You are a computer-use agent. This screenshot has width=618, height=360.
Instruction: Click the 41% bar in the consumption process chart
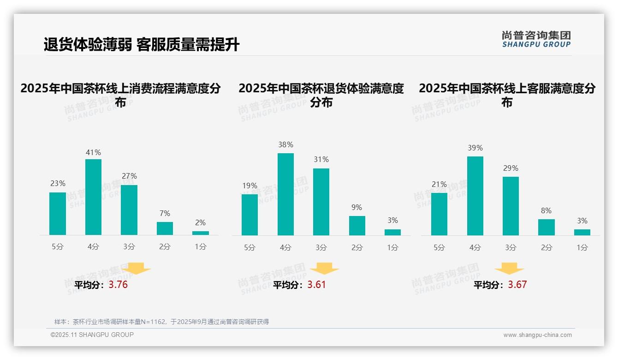93,197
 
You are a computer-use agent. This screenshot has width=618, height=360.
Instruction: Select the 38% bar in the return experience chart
285,194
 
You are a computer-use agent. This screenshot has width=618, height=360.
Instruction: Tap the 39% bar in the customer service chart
475,196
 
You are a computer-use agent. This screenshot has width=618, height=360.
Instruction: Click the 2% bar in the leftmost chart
201,233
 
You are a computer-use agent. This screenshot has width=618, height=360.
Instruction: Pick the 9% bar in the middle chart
357,226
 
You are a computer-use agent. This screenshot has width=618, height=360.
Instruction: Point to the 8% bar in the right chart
546,227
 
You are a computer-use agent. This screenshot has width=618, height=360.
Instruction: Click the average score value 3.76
118,285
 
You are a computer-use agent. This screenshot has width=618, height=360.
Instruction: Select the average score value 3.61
316,285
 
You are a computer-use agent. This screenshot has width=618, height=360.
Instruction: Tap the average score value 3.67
517,285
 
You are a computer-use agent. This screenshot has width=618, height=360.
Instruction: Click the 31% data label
321,160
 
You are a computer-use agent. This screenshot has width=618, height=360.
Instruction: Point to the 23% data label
58,184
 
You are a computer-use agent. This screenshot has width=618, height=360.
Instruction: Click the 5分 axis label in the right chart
439,248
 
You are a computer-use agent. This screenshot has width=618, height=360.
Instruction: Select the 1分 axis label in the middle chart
392,248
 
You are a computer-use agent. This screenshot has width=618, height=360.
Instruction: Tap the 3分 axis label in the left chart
129,247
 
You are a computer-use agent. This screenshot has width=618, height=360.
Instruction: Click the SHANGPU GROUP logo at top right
536,39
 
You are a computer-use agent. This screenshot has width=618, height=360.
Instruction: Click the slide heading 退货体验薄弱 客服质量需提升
142,45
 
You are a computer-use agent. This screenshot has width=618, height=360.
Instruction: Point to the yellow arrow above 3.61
324,269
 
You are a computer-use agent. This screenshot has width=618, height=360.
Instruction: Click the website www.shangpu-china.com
537,335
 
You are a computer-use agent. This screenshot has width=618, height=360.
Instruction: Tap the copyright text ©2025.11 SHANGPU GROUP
92,335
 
